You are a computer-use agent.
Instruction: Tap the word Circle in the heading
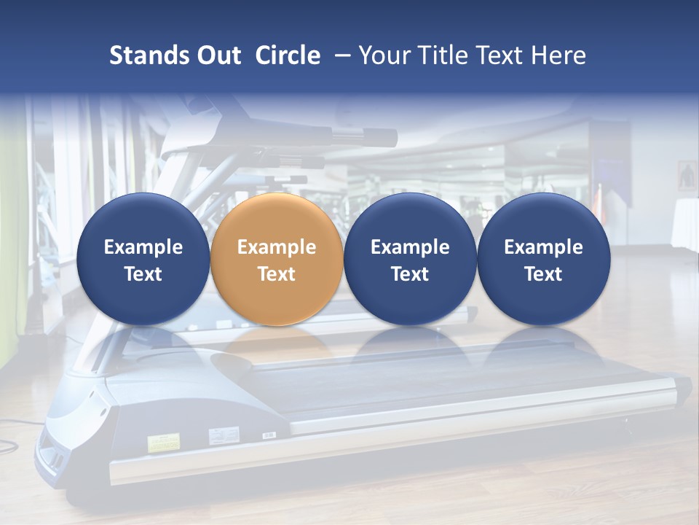[288, 55]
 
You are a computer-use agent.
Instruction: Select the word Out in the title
[217, 55]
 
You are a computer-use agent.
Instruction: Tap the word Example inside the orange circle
[277, 247]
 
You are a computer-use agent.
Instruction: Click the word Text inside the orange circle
[277, 274]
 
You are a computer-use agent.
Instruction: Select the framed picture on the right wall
[687, 176]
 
